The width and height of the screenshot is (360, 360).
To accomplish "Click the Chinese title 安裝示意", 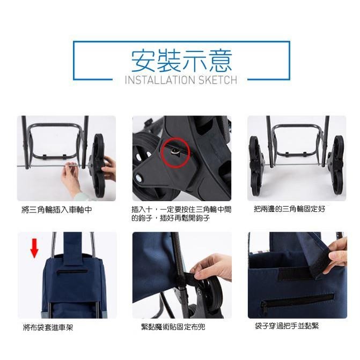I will pyautogui.click(x=181, y=61).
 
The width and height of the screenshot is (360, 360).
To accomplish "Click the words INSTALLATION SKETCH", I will pyautogui.click(x=180, y=80).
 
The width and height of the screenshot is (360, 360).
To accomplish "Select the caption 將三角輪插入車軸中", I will pyautogui.click(x=56, y=210).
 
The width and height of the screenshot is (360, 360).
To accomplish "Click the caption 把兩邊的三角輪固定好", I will pyautogui.click(x=289, y=209).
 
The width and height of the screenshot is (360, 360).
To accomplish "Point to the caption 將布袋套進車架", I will pyautogui.click(x=48, y=327).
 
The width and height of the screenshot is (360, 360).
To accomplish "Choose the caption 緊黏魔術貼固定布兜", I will pyautogui.click(x=173, y=327).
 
